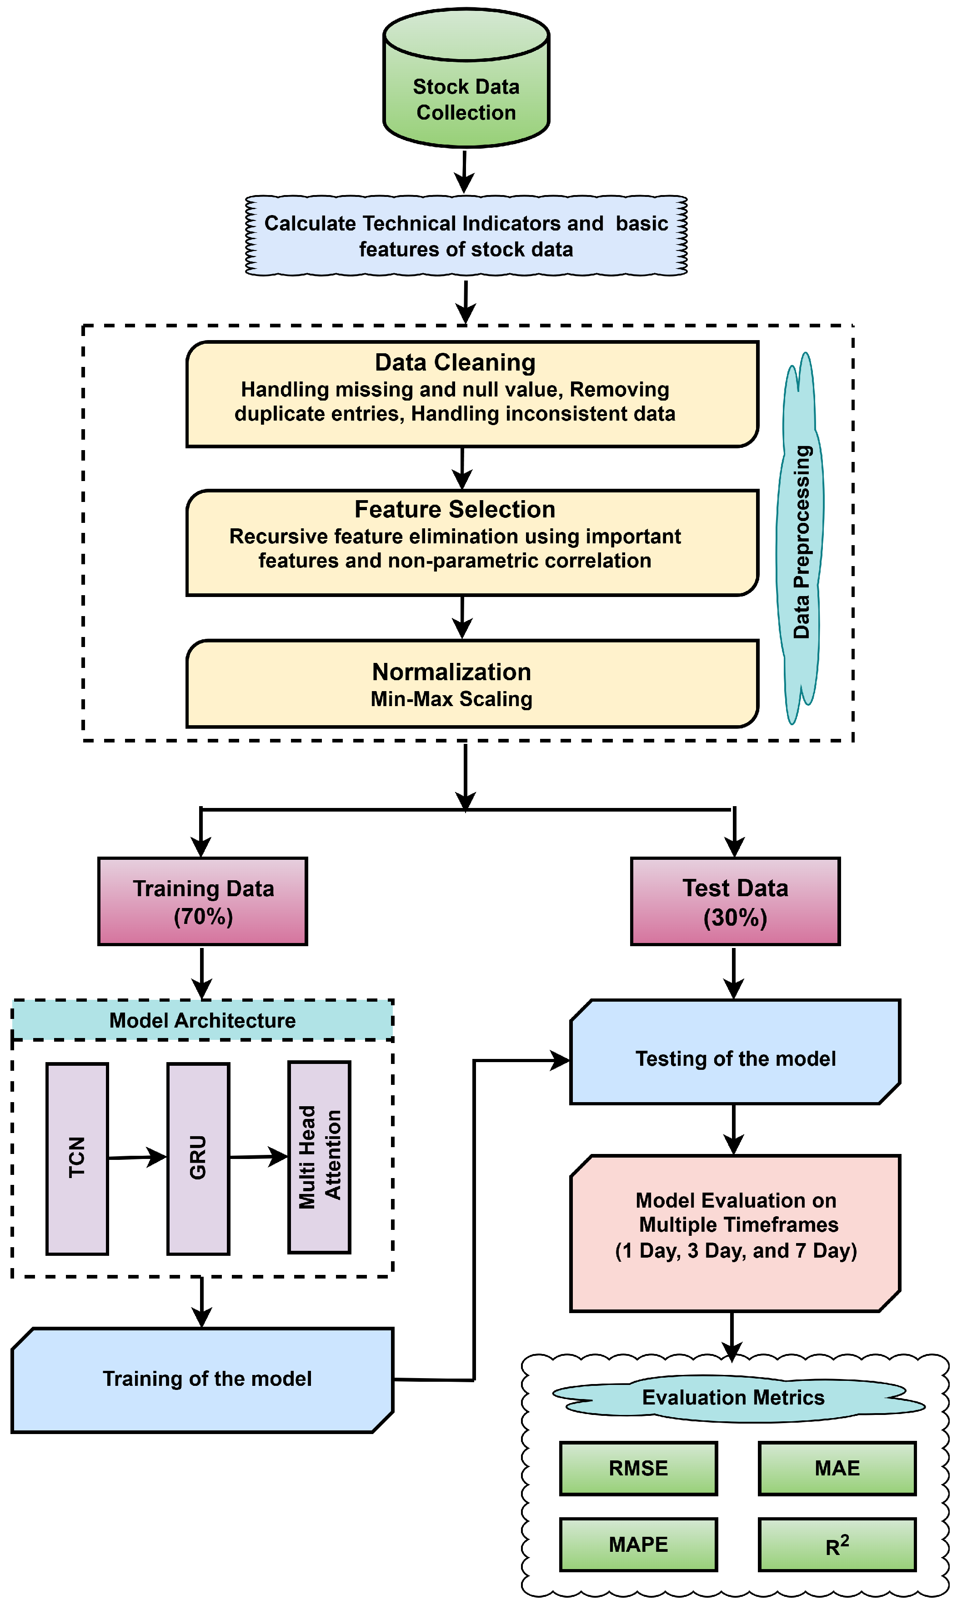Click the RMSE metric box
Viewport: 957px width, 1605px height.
point(638,1468)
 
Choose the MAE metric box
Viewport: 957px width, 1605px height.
point(837,1468)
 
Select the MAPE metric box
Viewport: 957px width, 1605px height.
point(638,1545)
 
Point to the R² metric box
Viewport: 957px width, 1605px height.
point(837,1545)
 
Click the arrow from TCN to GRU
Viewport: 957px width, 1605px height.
point(137,1158)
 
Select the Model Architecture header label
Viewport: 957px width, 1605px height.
point(202,1020)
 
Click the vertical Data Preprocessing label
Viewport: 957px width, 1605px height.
point(802,542)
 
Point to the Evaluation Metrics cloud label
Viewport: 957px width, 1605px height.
point(733,1397)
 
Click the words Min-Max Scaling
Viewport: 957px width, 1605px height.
point(451,699)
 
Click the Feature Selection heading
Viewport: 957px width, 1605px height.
point(455,509)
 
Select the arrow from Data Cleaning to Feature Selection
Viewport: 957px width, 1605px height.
point(462,469)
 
